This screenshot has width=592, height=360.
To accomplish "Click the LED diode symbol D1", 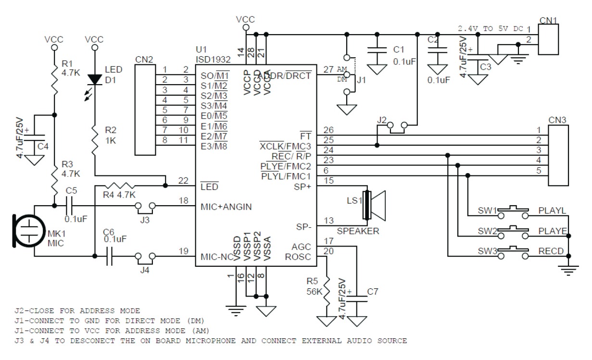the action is click(x=95, y=79).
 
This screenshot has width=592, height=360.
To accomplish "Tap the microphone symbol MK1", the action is click(x=28, y=231).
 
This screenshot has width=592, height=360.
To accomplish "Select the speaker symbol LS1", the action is click(x=374, y=205).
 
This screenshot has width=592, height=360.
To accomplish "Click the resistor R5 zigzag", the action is click(x=327, y=291).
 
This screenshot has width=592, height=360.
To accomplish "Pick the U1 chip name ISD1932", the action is click(x=213, y=60).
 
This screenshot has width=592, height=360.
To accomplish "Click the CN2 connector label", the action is click(x=144, y=60).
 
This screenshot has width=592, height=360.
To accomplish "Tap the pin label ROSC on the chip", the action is click(x=298, y=257).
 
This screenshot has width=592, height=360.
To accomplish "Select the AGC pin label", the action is click(x=301, y=247).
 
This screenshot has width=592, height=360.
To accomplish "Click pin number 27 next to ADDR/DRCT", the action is click(x=328, y=70).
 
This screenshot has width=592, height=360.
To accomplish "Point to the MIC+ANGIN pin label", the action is click(x=226, y=207).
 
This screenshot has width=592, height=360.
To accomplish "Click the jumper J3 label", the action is click(x=145, y=220).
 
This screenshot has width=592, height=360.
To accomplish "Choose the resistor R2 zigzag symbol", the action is click(x=95, y=140).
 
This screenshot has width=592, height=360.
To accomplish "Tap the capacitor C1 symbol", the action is click(x=377, y=51).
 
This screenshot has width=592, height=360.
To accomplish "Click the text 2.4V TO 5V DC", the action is click(x=490, y=28).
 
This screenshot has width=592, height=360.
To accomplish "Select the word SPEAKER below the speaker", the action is click(x=358, y=231).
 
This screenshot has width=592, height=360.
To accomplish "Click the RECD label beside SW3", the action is click(x=551, y=251).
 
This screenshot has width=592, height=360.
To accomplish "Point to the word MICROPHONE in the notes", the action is click(x=211, y=341).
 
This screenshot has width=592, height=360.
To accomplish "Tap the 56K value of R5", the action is click(x=315, y=292).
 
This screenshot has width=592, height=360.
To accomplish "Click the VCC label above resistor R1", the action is click(x=54, y=39).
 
